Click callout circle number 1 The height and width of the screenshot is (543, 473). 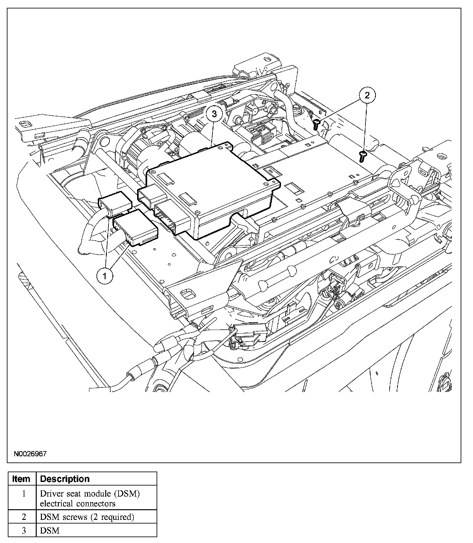(105, 276)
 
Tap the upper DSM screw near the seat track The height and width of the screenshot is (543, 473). (317, 124)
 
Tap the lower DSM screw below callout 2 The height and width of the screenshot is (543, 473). (363, 156)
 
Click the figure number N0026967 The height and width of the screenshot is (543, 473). (30, 454)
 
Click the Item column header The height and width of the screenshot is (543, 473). (21, 479)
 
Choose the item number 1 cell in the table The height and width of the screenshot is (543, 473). (23, 494)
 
